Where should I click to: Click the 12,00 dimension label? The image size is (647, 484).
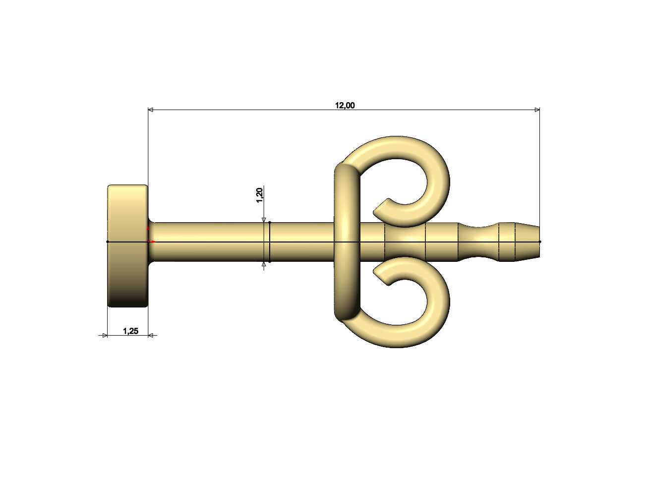[x=345, y=105]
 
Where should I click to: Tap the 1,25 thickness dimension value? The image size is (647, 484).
[x=130, y=331]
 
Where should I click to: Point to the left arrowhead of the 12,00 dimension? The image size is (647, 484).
[x=151, y=110]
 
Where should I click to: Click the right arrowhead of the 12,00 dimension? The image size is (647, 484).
[x=536, y=110]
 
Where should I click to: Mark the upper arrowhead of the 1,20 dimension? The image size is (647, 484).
[x=264, y=220]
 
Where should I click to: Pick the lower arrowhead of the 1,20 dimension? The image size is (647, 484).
[x=264, y=265]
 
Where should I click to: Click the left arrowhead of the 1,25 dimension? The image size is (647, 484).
[x=105, y=336]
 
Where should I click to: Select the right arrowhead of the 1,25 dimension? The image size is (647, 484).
[x=151, y=336]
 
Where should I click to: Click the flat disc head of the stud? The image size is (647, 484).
[x=127, y=246]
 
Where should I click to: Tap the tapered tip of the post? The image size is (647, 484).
[x=528, y=242]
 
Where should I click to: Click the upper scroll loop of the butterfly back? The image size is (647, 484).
[x=421, y=164]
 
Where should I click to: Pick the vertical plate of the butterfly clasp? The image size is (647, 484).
[x=346, y=242]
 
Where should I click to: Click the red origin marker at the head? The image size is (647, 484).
[x=149, y=237]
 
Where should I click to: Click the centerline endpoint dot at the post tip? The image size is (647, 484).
[x=539, y=242]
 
